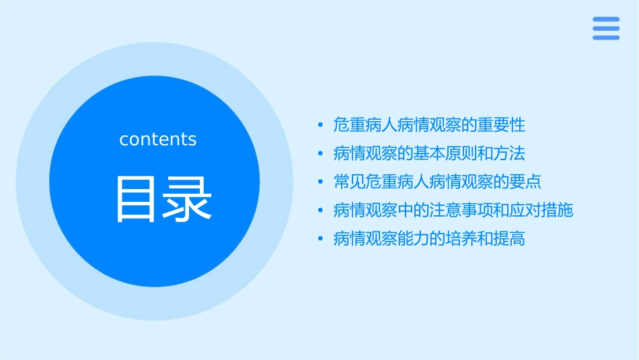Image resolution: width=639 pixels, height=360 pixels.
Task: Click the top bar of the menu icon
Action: [605, 19]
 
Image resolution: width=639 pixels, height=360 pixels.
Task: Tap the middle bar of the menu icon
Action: [605, 28]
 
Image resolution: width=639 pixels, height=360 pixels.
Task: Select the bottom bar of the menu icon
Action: [605, 38]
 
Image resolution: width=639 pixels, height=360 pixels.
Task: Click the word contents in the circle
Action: [158, 139]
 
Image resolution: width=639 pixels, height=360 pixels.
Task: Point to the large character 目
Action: [136, 199]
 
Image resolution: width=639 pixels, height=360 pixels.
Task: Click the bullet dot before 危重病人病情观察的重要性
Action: [321, 125]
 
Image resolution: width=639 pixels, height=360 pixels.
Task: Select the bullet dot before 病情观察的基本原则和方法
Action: [321, 153]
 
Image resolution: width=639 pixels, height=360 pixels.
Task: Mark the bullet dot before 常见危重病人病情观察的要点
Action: [321, 182]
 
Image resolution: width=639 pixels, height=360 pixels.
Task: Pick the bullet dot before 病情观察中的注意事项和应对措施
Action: [321, 211]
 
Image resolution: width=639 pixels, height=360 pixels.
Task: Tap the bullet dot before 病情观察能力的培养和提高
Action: [321, 239]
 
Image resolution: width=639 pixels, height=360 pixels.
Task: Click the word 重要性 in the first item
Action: [502, 125]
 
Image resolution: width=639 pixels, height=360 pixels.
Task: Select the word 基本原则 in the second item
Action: [445, 153]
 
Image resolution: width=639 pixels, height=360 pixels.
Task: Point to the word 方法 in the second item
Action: [510, 153]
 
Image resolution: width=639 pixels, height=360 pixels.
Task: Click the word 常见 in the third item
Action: [350, 182]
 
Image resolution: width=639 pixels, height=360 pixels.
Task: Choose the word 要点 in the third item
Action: [526, 182]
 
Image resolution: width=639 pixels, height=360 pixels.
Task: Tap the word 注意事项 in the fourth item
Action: [461, 211]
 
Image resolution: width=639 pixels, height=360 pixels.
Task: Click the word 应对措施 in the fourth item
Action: [541, 211]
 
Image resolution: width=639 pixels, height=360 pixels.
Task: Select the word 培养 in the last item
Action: [461, 239]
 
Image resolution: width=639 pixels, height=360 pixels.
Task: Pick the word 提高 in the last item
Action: [510, 239]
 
